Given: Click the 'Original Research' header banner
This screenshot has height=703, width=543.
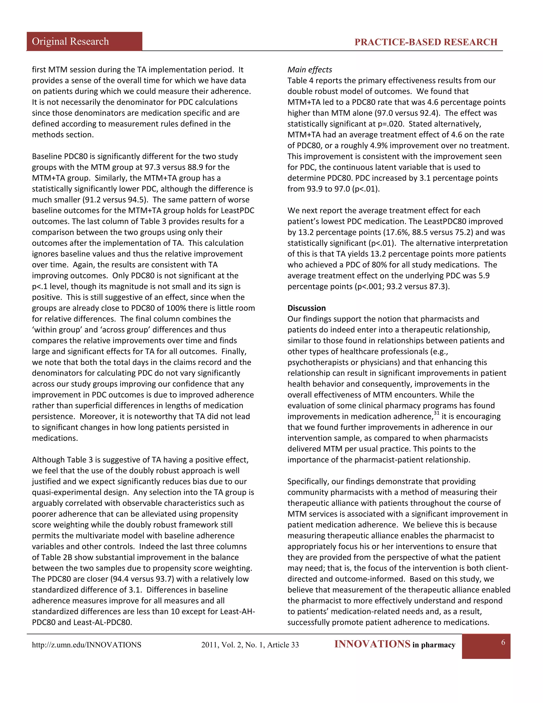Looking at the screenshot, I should point(71,42).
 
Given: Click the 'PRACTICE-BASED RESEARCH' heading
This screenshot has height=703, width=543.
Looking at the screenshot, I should point(426,42).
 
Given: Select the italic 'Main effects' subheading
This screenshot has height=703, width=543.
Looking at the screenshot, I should point(309,70).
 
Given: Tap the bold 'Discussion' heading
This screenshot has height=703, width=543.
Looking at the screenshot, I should point(306,308).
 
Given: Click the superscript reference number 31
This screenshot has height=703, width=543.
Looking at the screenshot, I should point(436,413).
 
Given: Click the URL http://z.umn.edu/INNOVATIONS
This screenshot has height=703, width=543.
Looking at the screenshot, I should point(86,645).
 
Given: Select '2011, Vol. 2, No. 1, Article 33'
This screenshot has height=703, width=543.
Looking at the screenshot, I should point(250,645).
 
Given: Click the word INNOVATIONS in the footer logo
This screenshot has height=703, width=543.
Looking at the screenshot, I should point(372,644).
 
